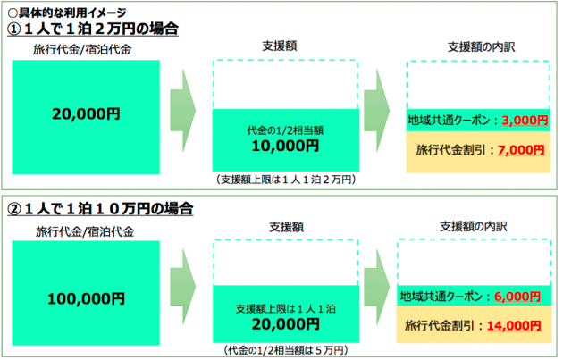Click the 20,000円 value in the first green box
pos(87,113)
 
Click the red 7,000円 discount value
pos(518,151)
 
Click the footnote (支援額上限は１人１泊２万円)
pos(286,180)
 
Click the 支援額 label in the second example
pos(285,227)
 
